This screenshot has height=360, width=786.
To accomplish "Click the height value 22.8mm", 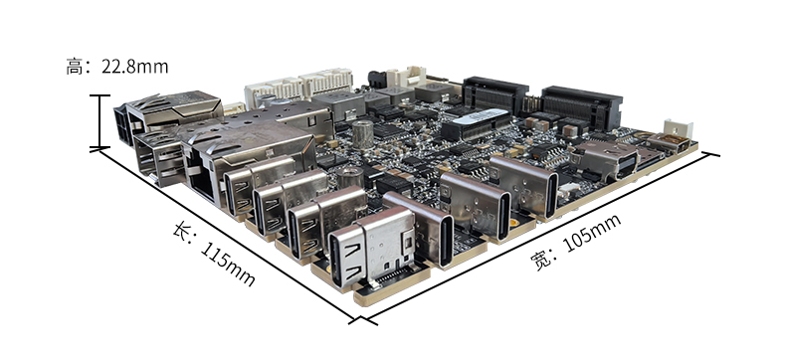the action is [135, 67].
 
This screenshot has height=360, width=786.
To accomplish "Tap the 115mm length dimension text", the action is [227, 264].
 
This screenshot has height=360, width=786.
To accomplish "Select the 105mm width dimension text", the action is [593, 234].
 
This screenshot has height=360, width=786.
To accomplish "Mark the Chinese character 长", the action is [182, 231].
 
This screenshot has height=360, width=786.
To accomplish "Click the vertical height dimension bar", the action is [100, 121].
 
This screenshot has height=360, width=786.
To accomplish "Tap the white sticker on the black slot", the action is [483, 117].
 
